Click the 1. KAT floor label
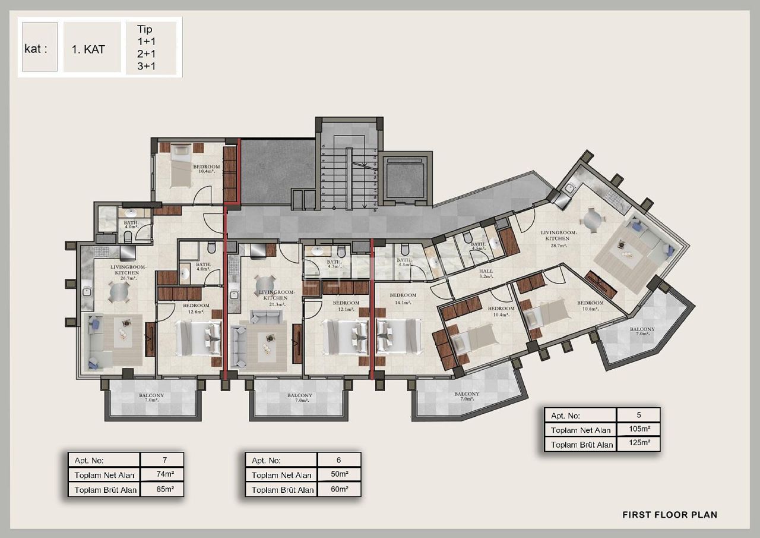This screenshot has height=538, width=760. [x=88, y=50]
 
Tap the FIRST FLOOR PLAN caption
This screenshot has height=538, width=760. [x=669, y=515]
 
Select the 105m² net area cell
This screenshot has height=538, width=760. [x=638, y=429]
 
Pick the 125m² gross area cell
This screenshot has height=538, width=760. [x=638, y=444]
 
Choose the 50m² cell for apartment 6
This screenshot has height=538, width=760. [x=339, y=475]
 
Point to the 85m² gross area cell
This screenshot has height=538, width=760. [x=162, y=490]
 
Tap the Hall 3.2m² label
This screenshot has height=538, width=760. [x=486, y=273]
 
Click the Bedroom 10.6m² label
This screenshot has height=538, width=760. [x=590, y=306]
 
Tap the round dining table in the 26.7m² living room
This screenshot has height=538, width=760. [x=119, y=292]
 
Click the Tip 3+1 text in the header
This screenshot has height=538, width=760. [x=146, y=66]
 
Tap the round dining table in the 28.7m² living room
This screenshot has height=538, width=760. [x=592, y=219]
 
